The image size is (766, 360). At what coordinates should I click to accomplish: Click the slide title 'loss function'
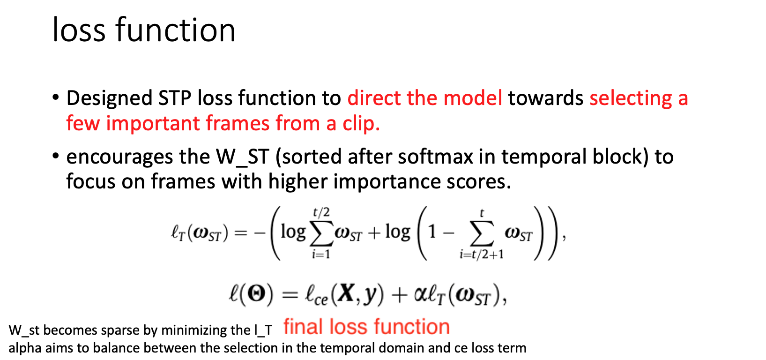144,30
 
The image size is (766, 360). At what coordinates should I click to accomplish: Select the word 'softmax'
446,157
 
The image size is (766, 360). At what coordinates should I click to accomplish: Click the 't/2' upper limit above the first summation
321,212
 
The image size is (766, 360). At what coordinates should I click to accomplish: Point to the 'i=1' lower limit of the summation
321,254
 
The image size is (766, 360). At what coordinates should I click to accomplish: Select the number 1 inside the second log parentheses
432,232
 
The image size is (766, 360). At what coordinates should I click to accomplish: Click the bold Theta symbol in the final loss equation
256,294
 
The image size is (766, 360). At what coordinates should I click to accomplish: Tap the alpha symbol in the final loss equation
421,294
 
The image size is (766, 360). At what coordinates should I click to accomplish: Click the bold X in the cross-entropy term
346,293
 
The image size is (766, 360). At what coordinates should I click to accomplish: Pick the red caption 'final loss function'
366,326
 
